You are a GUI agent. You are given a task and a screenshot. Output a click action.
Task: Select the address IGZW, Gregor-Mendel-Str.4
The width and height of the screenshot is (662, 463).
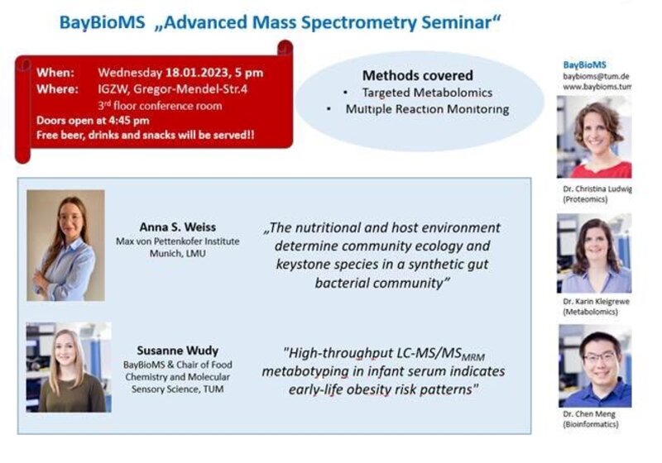click(x=173, y=89)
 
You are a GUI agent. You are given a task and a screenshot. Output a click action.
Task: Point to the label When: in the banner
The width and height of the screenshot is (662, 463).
click(x=55, y=73)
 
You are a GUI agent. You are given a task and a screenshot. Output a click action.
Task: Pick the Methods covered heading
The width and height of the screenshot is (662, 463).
click(x=418, y=75)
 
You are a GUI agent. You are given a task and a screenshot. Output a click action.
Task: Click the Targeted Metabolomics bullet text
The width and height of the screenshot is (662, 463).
click(x=427, y=93)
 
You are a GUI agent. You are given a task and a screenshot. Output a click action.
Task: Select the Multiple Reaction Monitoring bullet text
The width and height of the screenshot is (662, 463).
click(x=427, y=109)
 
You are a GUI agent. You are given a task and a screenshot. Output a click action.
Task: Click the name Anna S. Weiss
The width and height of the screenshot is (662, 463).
click(x=178, y=227)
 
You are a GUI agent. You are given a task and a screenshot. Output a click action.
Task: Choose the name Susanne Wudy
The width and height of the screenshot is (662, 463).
click(x=178, y=351)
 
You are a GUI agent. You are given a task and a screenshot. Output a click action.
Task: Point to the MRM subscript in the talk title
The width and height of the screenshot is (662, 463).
click(x=473, y=358)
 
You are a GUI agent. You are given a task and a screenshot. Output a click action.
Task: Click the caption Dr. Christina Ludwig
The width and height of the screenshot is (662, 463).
click(x=597, y=189)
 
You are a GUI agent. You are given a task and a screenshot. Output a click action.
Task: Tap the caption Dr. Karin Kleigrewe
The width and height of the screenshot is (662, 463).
click(x=596, y=302)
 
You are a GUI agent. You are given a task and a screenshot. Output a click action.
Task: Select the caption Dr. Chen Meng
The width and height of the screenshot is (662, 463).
click(x=589, y=414)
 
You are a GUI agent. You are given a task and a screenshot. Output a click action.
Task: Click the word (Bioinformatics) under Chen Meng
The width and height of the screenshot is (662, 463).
click(x=591, y=424)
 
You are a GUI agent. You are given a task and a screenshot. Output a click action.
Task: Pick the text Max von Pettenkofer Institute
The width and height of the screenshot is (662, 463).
click(x=178, y=241)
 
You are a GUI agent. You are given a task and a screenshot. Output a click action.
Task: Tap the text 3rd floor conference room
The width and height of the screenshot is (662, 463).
click(x=160, y=106)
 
